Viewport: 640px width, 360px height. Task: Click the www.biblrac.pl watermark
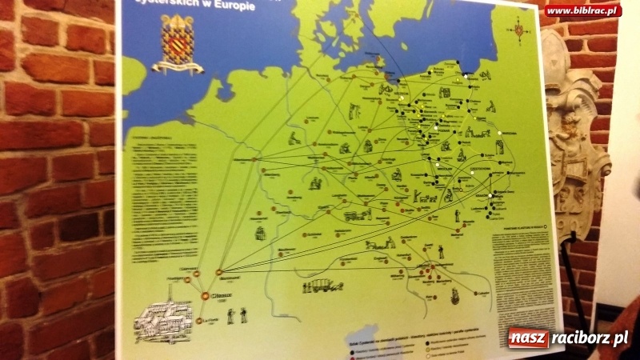pyautogui.click(x=582, y=10)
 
